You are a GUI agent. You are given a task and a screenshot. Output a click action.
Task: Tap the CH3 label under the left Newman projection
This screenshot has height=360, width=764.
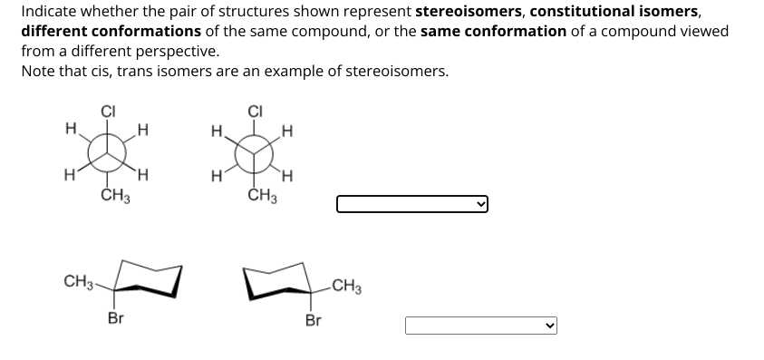pos(114,195)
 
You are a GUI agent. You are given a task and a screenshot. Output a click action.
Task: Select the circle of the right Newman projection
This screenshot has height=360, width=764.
pos(255,152)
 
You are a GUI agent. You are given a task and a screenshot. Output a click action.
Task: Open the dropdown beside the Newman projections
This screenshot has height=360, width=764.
pos(412,204)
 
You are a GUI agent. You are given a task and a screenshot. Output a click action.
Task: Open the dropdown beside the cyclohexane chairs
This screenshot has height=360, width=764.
pos(480,325)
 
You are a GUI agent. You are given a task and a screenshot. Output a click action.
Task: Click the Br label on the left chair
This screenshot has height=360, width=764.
pos(115,318)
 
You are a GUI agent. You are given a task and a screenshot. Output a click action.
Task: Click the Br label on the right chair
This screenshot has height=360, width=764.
pos(313,320)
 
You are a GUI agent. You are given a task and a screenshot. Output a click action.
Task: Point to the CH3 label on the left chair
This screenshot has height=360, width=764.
pos(77,281)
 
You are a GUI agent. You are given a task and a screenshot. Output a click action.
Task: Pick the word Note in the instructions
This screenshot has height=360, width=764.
pos(37,71)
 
